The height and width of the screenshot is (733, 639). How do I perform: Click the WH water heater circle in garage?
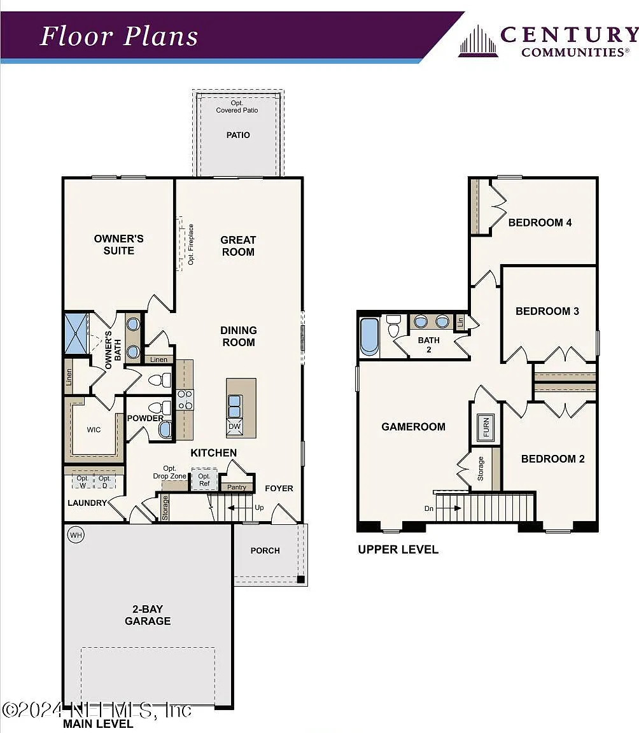tap(76, 534)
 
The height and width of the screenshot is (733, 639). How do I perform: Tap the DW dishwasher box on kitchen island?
tap(235, 427)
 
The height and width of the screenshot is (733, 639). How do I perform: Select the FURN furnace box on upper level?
tap(486, 428)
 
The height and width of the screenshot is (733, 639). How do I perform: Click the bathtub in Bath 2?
tap(369, 337)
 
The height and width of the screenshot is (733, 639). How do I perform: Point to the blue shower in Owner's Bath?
tap(76, 333)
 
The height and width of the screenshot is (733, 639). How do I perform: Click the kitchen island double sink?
tap(235, 406)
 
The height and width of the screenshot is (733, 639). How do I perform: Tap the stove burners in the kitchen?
tap(185, 400)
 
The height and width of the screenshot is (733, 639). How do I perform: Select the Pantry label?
tap(237, 487)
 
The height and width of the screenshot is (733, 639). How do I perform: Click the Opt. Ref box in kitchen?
tap(204, 479)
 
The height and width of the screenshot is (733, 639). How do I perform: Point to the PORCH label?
tap(265, 550)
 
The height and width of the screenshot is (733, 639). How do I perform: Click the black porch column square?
tap(301, 580)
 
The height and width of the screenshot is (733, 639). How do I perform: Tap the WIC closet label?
tap(94, 429)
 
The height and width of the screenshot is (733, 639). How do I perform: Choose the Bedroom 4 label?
tap(540, 223)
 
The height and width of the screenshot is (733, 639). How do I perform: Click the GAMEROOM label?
tap(413, 427)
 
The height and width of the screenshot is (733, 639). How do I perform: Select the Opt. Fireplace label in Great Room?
tap(191, 244)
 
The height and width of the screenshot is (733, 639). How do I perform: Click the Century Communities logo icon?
tap(478, 41)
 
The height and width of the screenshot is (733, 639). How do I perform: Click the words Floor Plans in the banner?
tap(119, 36)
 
